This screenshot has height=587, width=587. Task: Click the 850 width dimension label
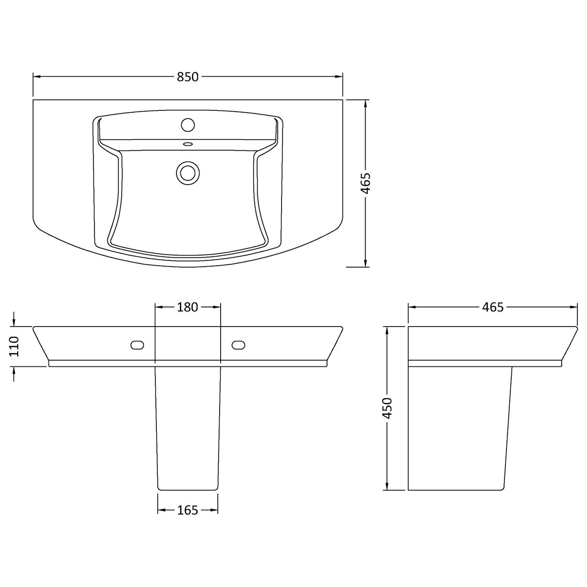click(188, 77)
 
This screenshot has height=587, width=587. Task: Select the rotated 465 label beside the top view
click(366, 183)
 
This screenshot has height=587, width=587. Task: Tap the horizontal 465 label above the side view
click(493, 307)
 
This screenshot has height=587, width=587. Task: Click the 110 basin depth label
click(14, 346)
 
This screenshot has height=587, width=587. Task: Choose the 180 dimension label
click(188, 307)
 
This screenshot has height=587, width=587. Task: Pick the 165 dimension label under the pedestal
click(188, 510)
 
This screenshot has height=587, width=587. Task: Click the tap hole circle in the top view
click(188, 125)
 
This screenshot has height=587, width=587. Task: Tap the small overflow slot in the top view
click(188, 144)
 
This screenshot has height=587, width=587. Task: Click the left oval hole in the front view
click(137, 345)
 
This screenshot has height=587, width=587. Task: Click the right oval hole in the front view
click(238, 345)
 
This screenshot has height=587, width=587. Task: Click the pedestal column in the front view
click(188, 427)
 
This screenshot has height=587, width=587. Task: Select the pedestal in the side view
click(458, 427)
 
